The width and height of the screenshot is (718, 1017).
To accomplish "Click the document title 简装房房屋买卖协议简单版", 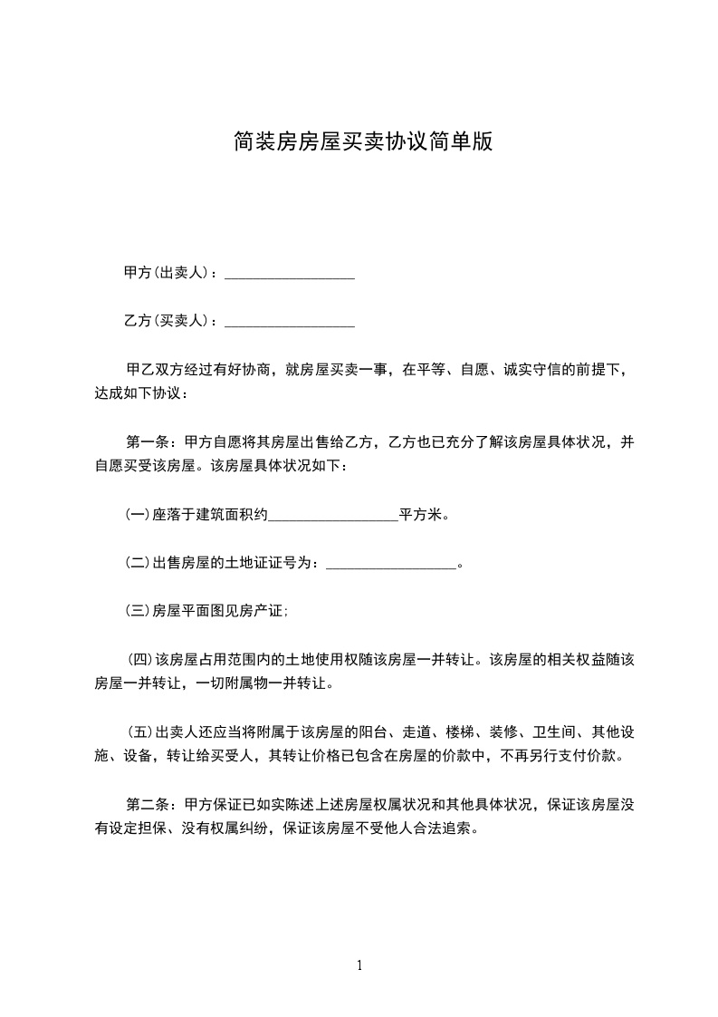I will [362, 142].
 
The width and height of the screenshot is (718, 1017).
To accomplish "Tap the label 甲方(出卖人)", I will [167, 273].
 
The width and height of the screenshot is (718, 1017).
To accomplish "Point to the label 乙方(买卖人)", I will [167, 321].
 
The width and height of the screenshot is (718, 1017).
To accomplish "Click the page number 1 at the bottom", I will [359, 965].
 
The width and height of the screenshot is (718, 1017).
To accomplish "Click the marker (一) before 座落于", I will [137, 515].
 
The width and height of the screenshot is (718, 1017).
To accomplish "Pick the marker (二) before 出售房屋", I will [137, 563].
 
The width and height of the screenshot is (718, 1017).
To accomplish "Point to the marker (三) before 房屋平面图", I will [137, 611].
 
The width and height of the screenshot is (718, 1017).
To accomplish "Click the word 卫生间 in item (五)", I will [552, 731].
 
